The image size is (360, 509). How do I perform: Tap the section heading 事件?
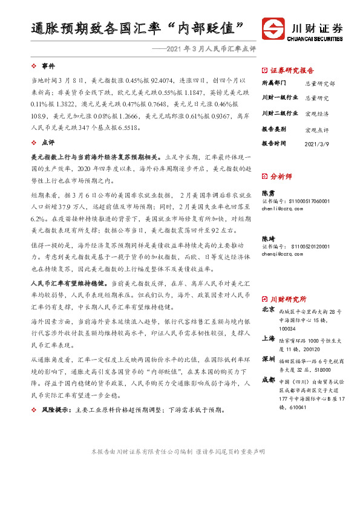coord(48,65)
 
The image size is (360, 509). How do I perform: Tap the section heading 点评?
coord(48,143)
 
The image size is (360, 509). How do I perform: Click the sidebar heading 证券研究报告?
coord(291,70)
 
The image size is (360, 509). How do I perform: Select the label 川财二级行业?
coord(280,113)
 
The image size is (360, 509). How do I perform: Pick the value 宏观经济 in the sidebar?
coord(316,113)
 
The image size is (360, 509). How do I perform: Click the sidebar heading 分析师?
coord(281,177)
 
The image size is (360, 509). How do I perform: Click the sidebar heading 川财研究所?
coord(288,299)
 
